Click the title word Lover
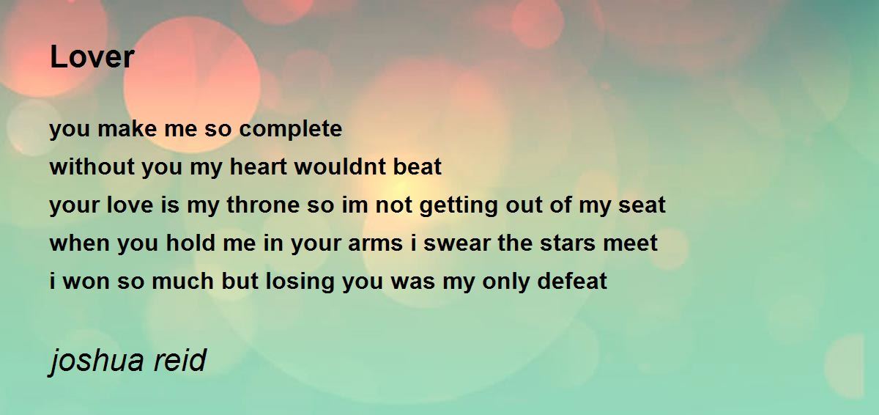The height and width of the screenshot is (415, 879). click(x=92, y=57)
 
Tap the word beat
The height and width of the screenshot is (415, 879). click(x=418, y=168)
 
